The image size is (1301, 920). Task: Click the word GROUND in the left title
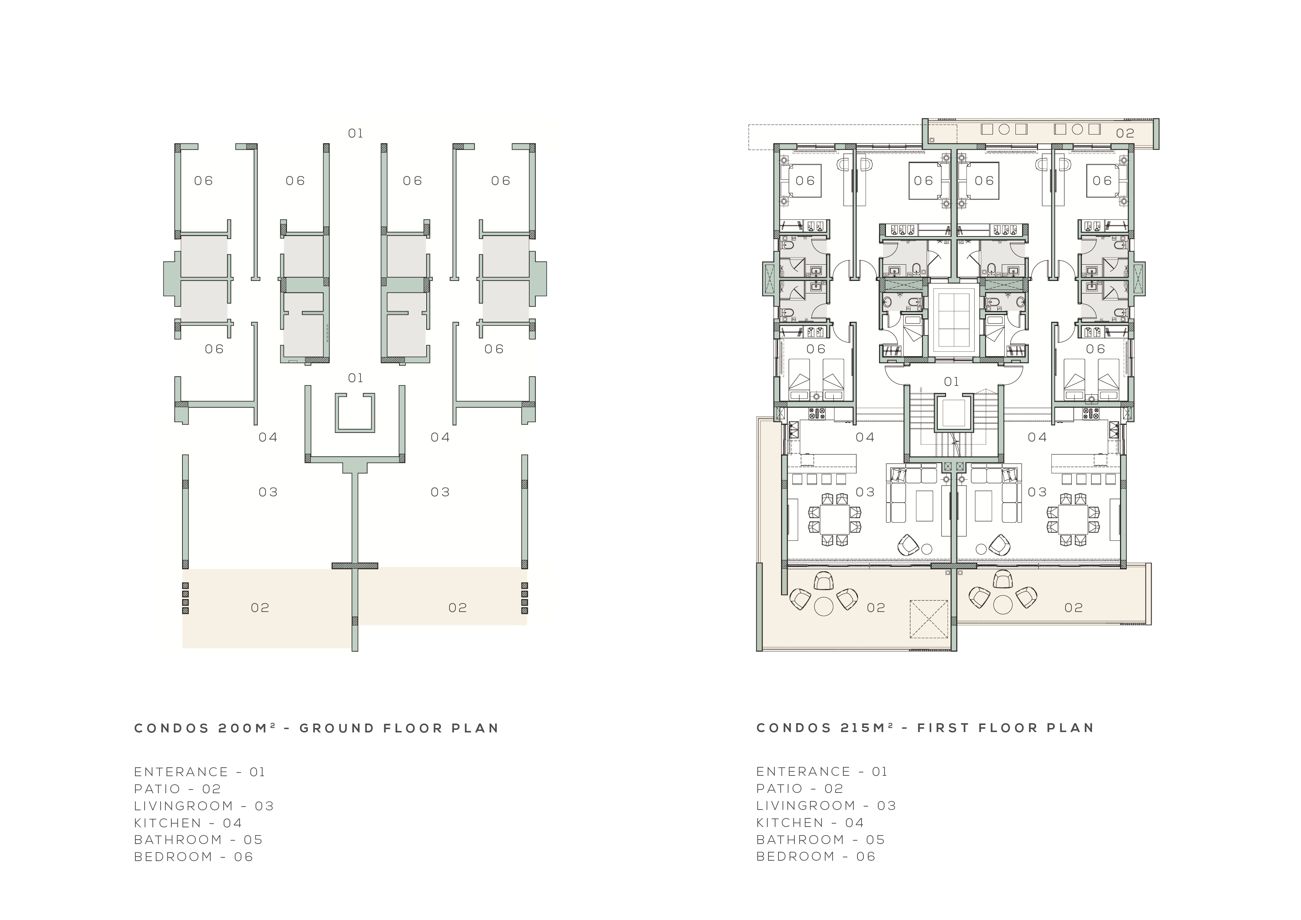click(337, 728)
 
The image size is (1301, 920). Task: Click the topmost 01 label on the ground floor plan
click(355, 133)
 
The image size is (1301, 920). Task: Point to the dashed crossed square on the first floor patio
click(929, 619)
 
